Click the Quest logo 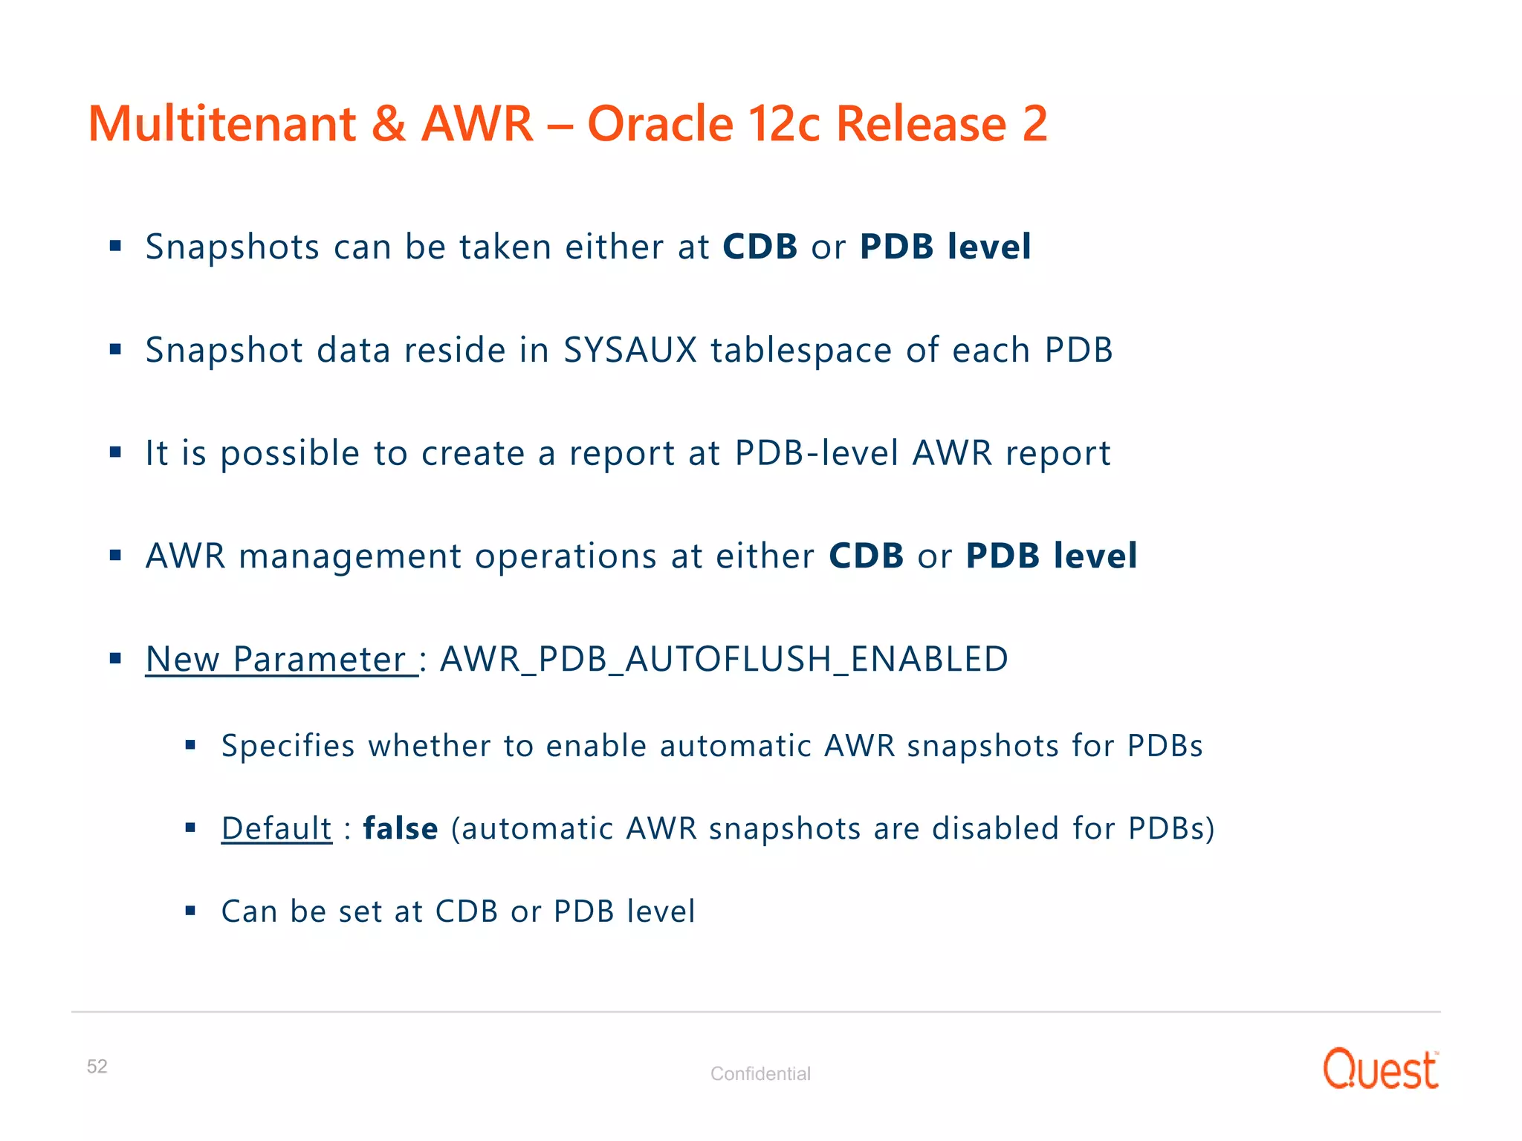pos(1380,1070)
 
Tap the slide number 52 pos(97,1067)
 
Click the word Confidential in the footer pos(760,1073)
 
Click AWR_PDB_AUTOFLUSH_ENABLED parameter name pos(724,659)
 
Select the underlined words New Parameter pos(281,659)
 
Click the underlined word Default pos(276,828)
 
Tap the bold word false pos(401,828)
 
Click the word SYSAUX pos(630,350)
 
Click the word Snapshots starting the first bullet pos(233,247)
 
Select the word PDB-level pos(817,453)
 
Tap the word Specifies pos(288,747)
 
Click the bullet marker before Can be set pos(190,910)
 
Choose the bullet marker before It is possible pos(115,452)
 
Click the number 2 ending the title pos(1034,123)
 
